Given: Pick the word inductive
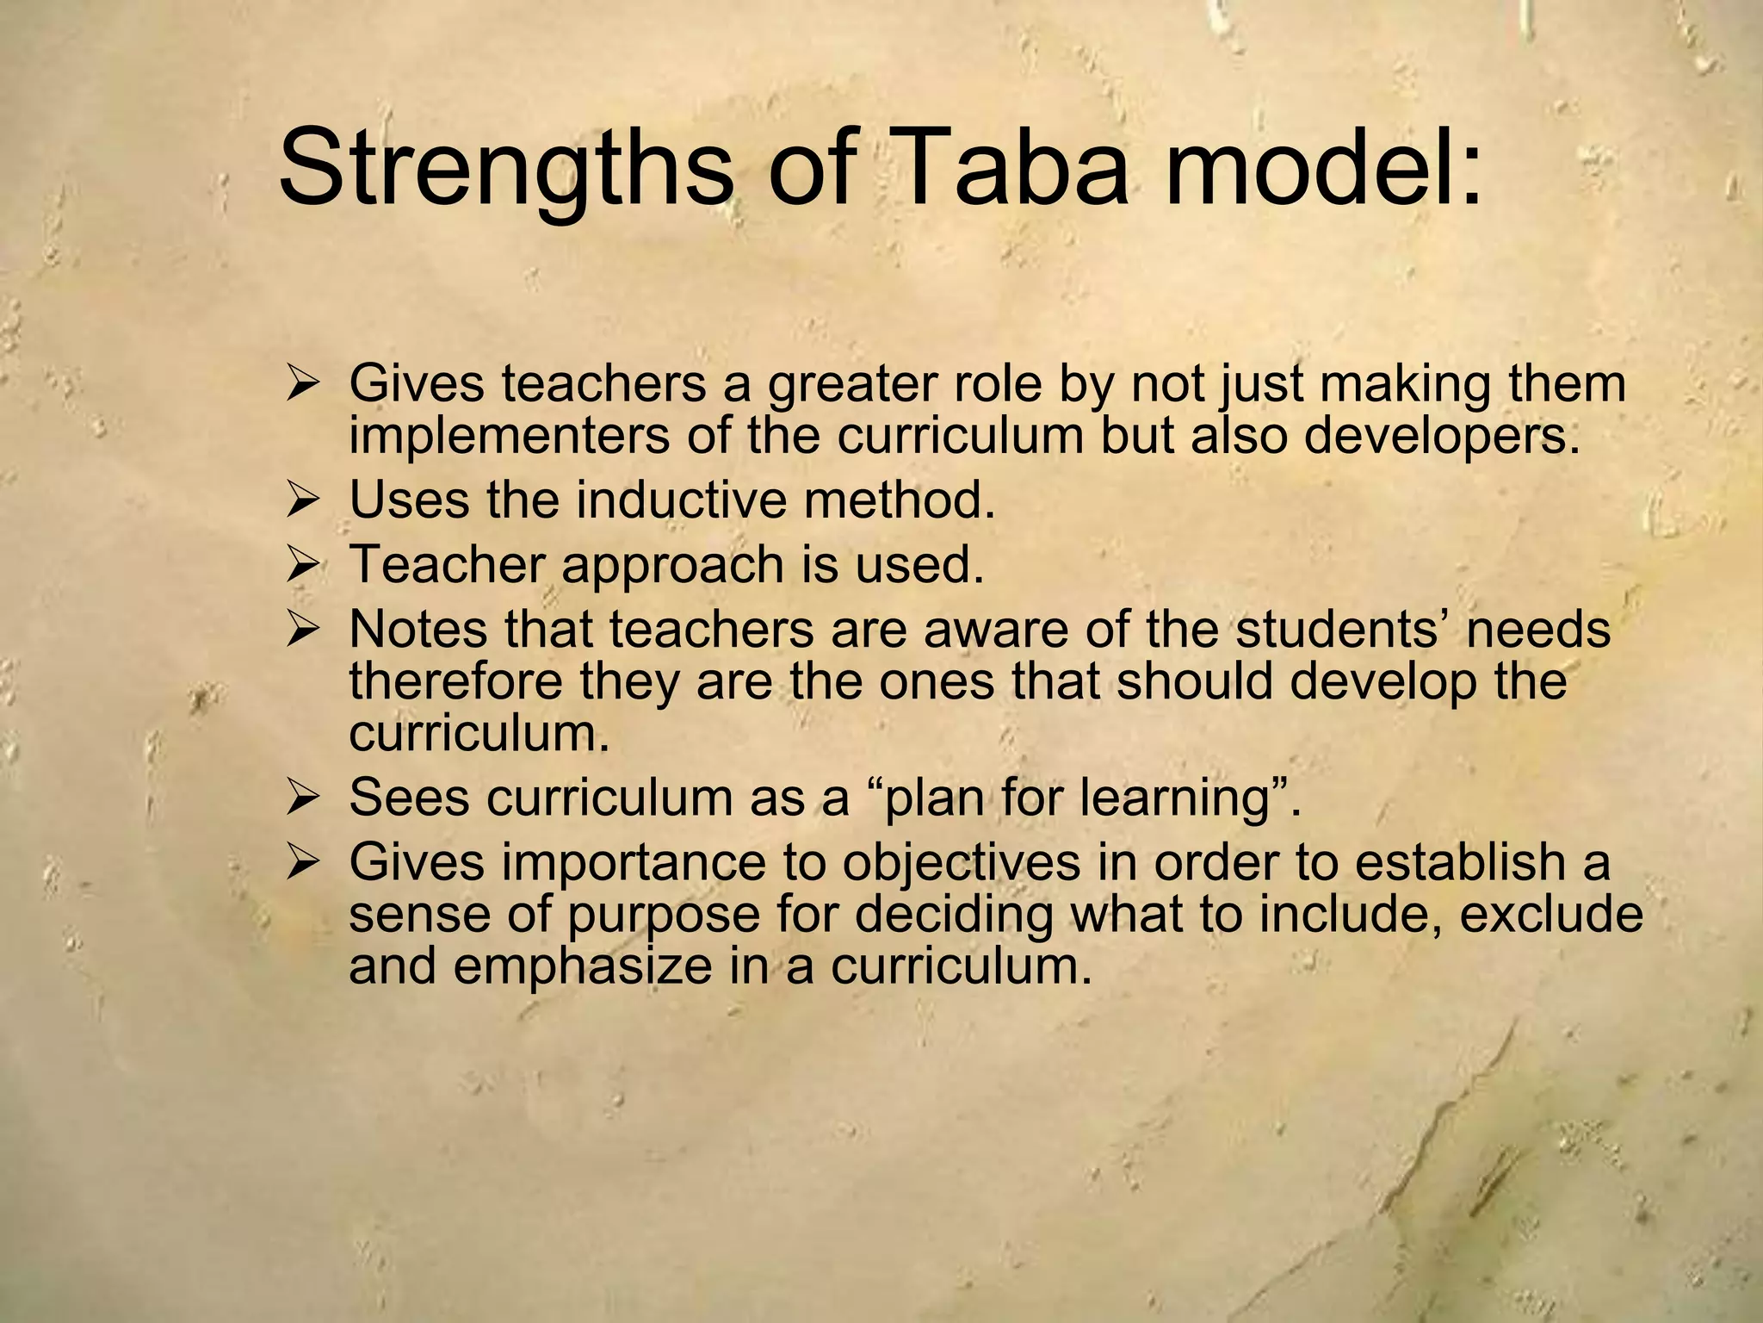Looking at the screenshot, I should (x=681, y=500).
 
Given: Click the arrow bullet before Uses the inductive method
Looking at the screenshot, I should (x=304, y=501).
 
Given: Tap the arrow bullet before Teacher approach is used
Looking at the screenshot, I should (x=304, y=566).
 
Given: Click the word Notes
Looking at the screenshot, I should (x=419, y=630).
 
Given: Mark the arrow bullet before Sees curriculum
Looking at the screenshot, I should (x=304, y=798).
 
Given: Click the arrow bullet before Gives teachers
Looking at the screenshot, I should (x=304, y=385).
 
